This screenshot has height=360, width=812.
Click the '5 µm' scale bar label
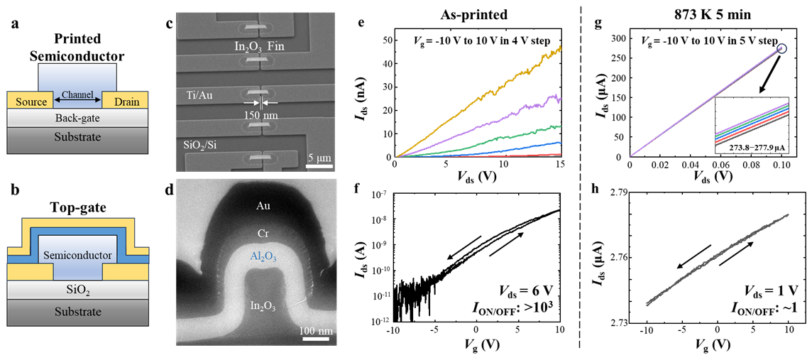coord(317,157)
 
